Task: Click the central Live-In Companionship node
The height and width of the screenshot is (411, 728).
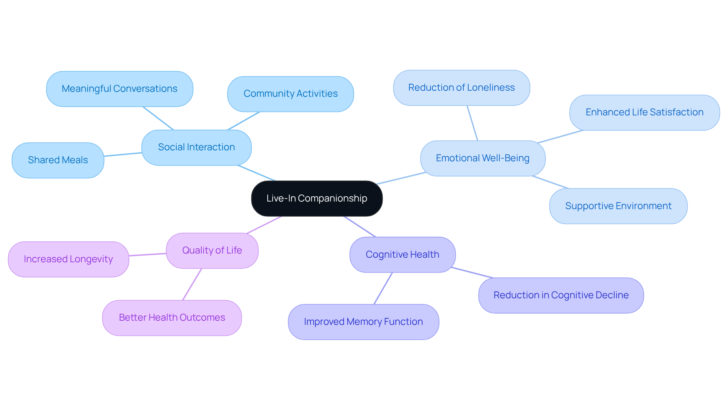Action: click(x=317, y=198)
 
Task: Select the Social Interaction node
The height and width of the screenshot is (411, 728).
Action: click(x=196, y=147)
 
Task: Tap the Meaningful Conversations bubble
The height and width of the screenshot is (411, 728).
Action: click(x=119, y=89)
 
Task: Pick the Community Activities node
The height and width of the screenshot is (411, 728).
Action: click(x=290, y=94)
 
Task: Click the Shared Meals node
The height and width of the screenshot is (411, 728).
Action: click(x=58, y=160)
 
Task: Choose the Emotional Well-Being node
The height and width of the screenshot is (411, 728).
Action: click(x=482, y=158)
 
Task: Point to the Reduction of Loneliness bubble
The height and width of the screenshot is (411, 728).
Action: click(x=461, y=88)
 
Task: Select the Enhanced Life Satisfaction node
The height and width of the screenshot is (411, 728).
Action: click(x=644, y=112)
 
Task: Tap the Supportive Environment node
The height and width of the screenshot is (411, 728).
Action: click(x=618, y=206)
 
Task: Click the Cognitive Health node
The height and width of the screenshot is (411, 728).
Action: click(x=402, y=255)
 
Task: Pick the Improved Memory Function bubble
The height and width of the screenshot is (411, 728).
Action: click(x=363, y=322)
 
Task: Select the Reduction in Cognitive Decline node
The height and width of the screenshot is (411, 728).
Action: click(x=561, y=295)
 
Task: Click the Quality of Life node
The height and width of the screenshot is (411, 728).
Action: click(x=212, y=250)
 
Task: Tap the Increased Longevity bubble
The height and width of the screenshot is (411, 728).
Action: click(x=68, y=259)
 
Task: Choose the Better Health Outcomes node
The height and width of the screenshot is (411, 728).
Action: click(x=172, y=318)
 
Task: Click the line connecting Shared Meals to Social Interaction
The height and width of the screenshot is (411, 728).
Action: click(x=123, y=154)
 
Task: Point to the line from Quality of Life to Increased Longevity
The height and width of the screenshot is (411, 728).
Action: click(x=147, y=255)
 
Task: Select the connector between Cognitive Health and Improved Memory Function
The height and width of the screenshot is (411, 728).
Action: click(x=383, y=288)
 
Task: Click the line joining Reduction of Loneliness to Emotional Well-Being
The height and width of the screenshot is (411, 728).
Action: click(x=472, y=123)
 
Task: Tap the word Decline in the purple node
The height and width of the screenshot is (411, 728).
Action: click(x=612, y=295)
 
